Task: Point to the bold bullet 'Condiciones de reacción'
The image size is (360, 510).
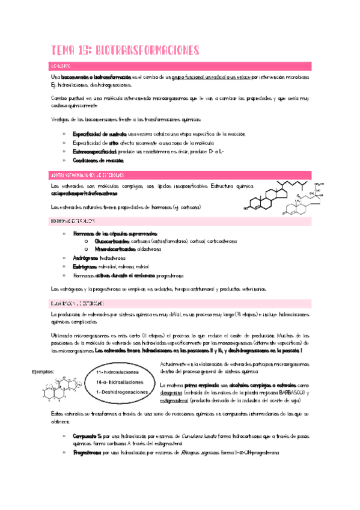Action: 99,161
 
